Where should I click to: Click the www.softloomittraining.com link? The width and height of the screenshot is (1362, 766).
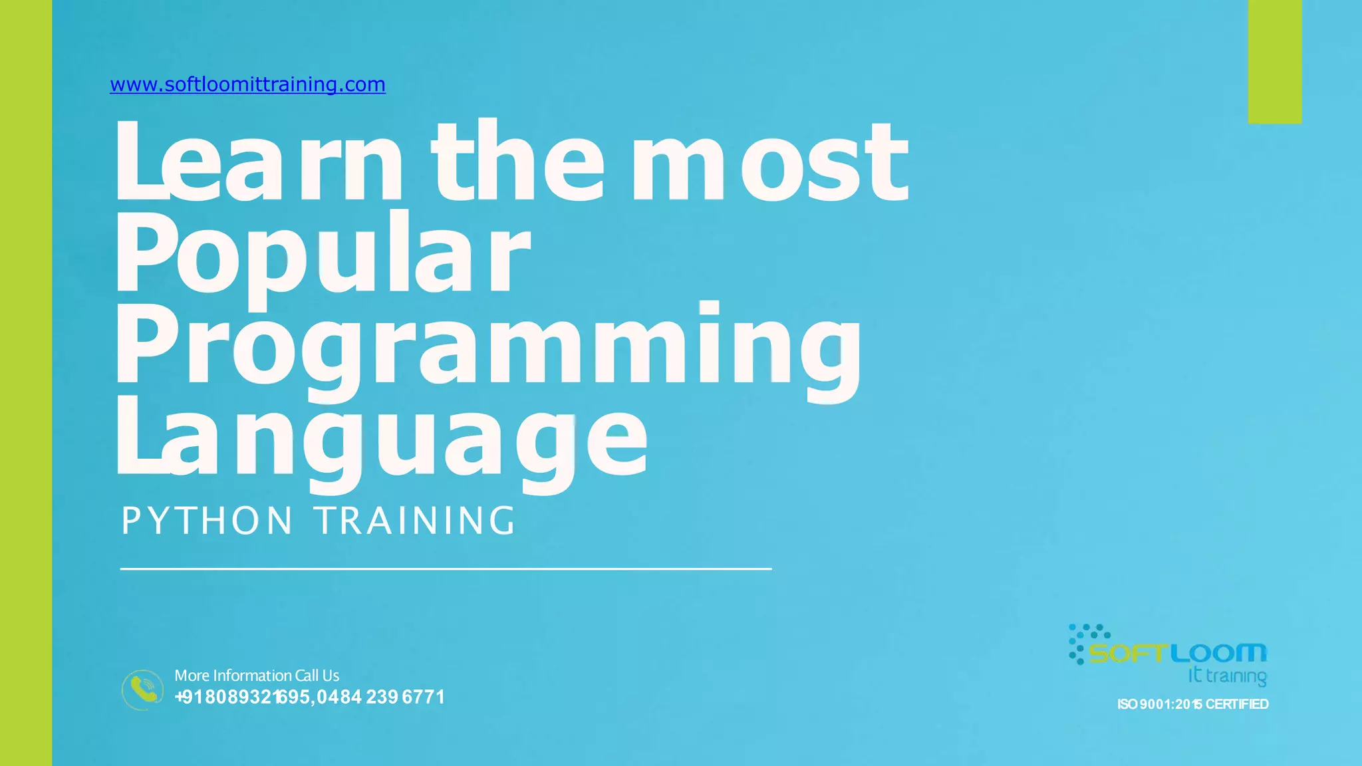coord(247,84)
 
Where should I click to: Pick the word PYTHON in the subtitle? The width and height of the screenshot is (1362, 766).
coord(207,520)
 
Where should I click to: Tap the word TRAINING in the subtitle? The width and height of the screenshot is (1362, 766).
coord(416,520)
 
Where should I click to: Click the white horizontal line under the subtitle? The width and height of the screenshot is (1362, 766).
coord(446,569)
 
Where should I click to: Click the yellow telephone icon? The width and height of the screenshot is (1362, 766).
coord(142,690)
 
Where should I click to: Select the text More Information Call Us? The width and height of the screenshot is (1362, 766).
coord(257,676)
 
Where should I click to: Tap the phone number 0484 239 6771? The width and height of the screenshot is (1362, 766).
coord(381,697)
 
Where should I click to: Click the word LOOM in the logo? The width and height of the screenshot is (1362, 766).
coord(1218,653)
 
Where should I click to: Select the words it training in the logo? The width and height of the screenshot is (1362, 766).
coord(1227,676)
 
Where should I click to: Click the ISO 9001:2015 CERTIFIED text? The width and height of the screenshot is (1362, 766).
coord(1192,704)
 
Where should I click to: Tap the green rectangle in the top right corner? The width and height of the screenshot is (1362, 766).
coord(1274,61)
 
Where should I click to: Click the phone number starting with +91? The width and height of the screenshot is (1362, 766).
coord(243,697)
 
